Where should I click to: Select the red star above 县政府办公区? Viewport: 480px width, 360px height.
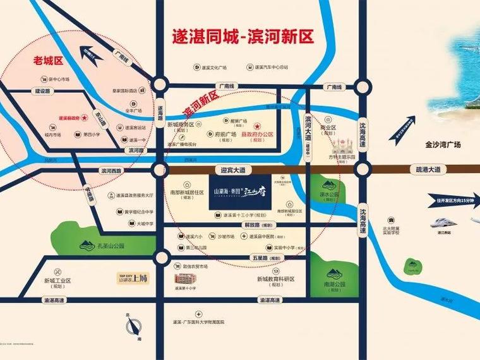[x=257, y=126]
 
